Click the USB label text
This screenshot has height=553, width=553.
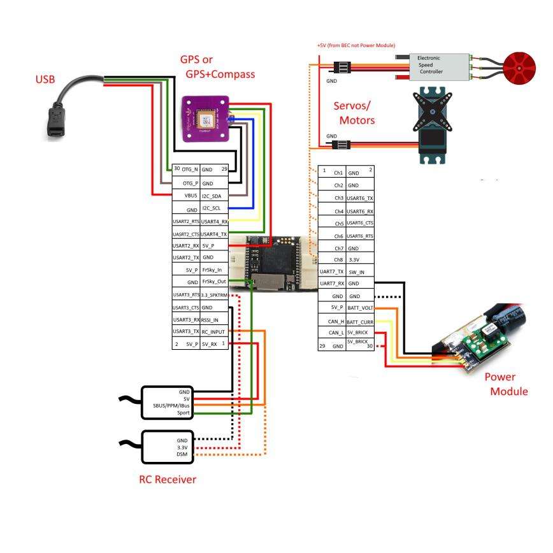45,80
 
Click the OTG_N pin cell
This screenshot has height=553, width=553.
186,170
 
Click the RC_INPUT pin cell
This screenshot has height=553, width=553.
214,331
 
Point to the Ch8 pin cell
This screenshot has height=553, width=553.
332,260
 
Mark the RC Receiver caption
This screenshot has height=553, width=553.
168,479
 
